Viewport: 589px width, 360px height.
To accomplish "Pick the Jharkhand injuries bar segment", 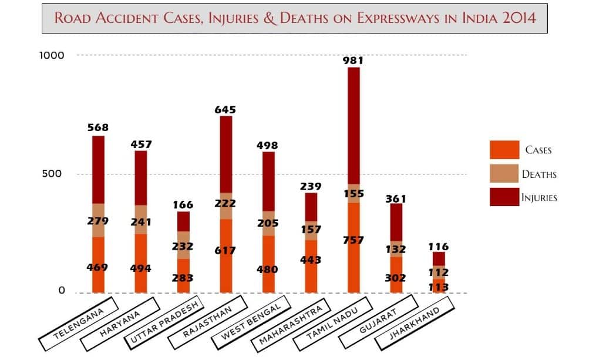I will [439, 258].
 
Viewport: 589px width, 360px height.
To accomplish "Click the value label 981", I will [354, 60].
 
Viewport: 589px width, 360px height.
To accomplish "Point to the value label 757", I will [354, 240].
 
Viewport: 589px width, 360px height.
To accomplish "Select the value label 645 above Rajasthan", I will [225, 109].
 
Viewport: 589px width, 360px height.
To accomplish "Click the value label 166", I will [183, 205].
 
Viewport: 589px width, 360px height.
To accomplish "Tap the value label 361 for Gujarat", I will [396, 198].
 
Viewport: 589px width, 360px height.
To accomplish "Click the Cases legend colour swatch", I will [504, 150].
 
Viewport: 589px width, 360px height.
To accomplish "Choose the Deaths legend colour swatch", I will [504, 174].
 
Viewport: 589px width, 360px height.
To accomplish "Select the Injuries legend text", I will [539, 198].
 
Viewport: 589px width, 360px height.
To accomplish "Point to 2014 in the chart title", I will [516, 18].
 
